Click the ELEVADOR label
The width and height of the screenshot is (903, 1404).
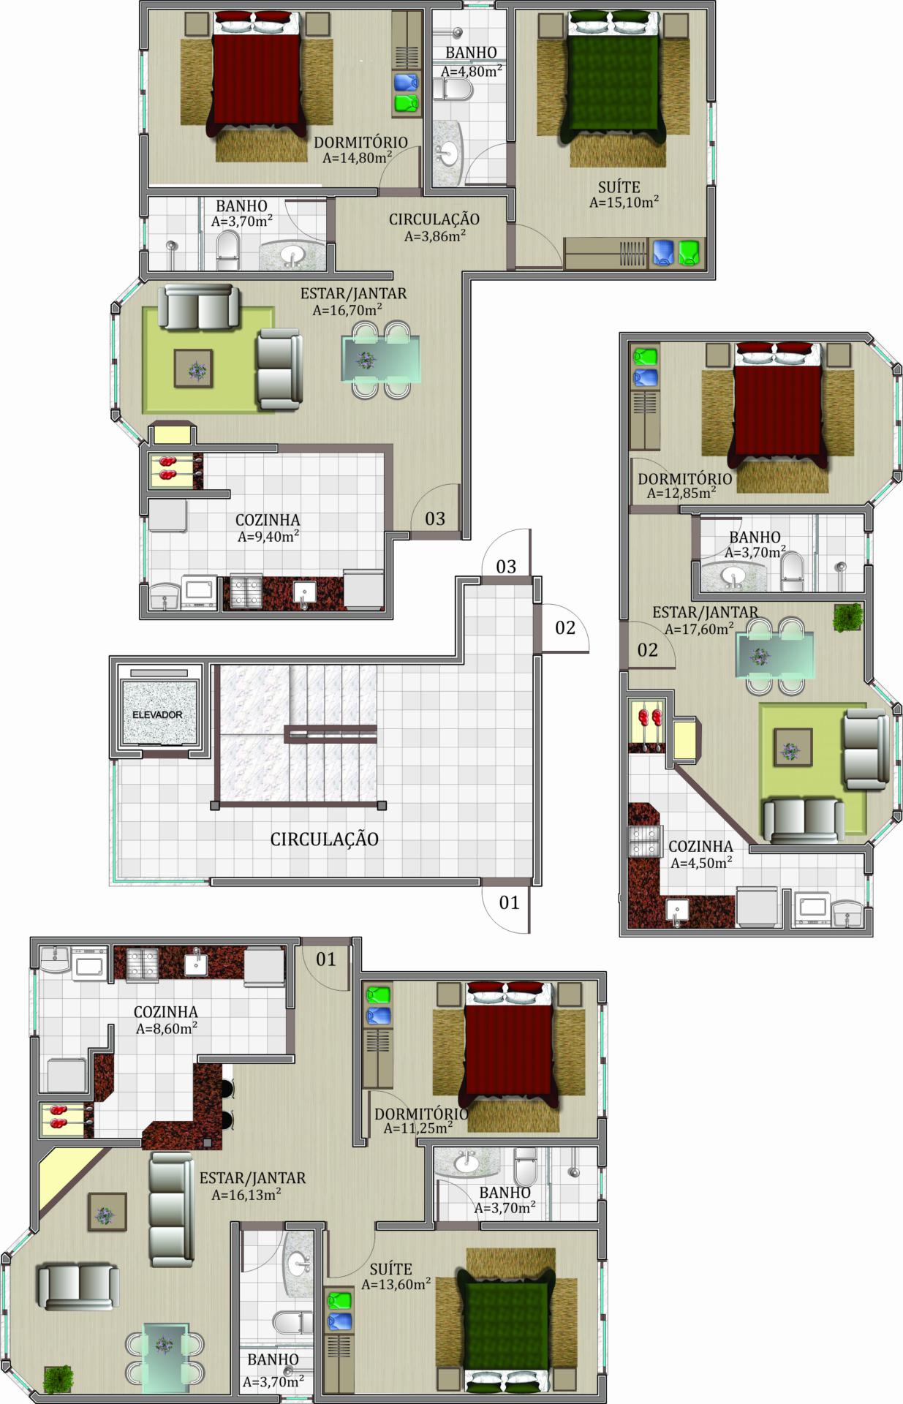tap(157, 714)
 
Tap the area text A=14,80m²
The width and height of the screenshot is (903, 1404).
tap(357, 157)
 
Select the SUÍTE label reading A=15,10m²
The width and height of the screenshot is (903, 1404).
tap(619, 187)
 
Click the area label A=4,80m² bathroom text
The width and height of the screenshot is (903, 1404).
tap(471, 71)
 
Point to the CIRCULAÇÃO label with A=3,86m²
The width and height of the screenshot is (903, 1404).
tap(434, 219)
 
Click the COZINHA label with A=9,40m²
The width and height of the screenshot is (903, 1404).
tap(268, 520)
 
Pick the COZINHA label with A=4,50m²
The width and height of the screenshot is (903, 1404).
tap(700, 846)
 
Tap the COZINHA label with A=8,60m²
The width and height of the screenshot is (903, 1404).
tap(165, 1012)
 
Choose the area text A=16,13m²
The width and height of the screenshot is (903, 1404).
tap(246, 1195)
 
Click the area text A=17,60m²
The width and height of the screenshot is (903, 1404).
tap(699, 628)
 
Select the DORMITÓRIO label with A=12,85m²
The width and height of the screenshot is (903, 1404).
tap(684, 479)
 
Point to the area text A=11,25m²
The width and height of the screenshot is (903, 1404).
tap(418, 1128)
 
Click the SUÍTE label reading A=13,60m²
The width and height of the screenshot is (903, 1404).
tap(390, 1269)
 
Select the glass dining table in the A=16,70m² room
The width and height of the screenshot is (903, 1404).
tap(380, 358)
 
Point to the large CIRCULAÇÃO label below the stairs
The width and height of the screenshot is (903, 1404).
tap(325, 839)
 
